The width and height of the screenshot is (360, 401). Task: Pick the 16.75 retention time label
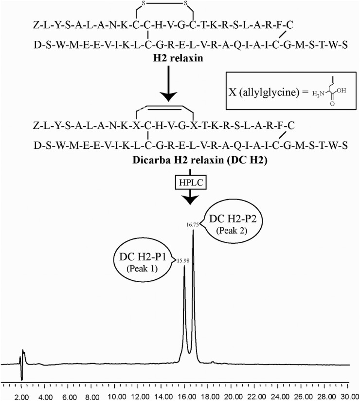point(194,225)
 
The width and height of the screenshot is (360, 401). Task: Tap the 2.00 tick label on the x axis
point(22,397)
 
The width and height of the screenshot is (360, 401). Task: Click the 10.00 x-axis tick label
point(117,397)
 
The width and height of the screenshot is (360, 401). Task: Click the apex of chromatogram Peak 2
point(194,231)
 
